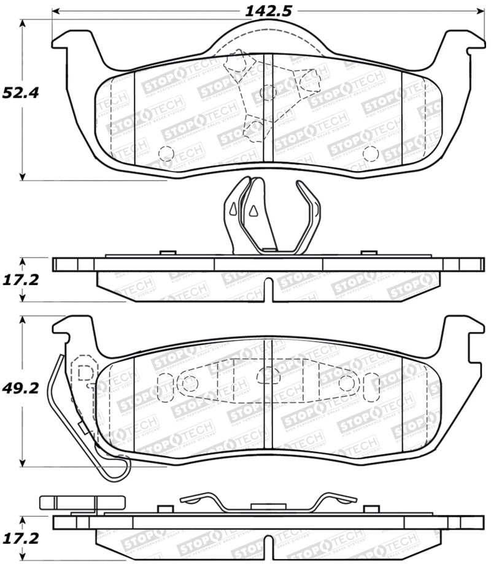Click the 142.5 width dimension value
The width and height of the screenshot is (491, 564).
(x=259, y=10)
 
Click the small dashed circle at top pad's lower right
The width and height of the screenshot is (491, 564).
(x=370, y=153)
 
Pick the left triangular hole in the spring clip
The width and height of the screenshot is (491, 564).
(x=233, y=210)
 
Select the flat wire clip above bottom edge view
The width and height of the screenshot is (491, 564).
(x=268, y=501)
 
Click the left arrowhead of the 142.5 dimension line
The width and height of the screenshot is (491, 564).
(x=56, y=11)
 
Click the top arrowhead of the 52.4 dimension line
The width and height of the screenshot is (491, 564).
(x=23, y=23)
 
